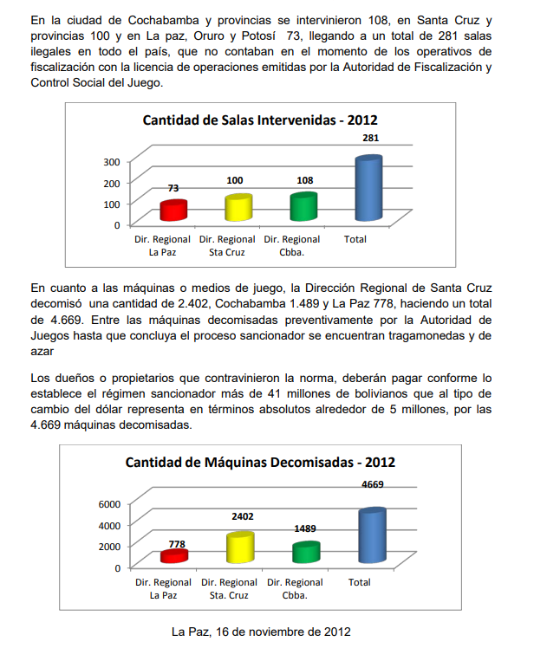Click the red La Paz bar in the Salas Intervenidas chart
174,211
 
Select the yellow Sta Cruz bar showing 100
238,208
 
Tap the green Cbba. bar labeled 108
303,207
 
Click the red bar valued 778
174,555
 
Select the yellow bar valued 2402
239,548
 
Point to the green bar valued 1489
305,552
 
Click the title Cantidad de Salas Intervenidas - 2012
260,120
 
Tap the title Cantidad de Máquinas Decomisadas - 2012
260,463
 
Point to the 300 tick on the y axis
110,162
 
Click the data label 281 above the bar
371,139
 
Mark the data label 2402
243,516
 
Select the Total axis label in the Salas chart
355,239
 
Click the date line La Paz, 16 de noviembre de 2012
260,631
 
